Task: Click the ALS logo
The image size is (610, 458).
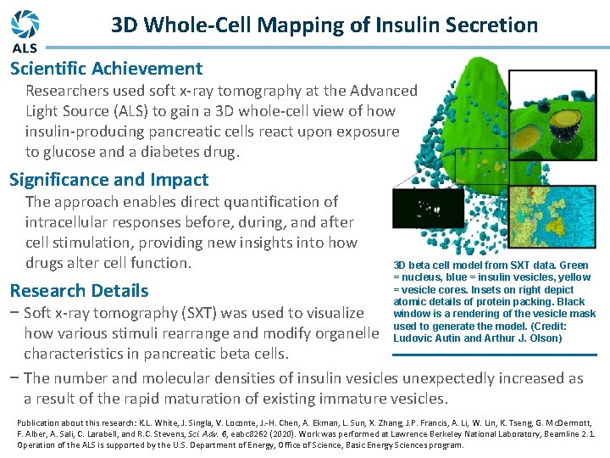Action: tap(25, 30)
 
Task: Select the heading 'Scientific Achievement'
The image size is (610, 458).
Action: tap(106, 69)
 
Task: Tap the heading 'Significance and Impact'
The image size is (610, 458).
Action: tap(108, 180)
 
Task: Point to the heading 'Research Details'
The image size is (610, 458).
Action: tap(79, 291)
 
